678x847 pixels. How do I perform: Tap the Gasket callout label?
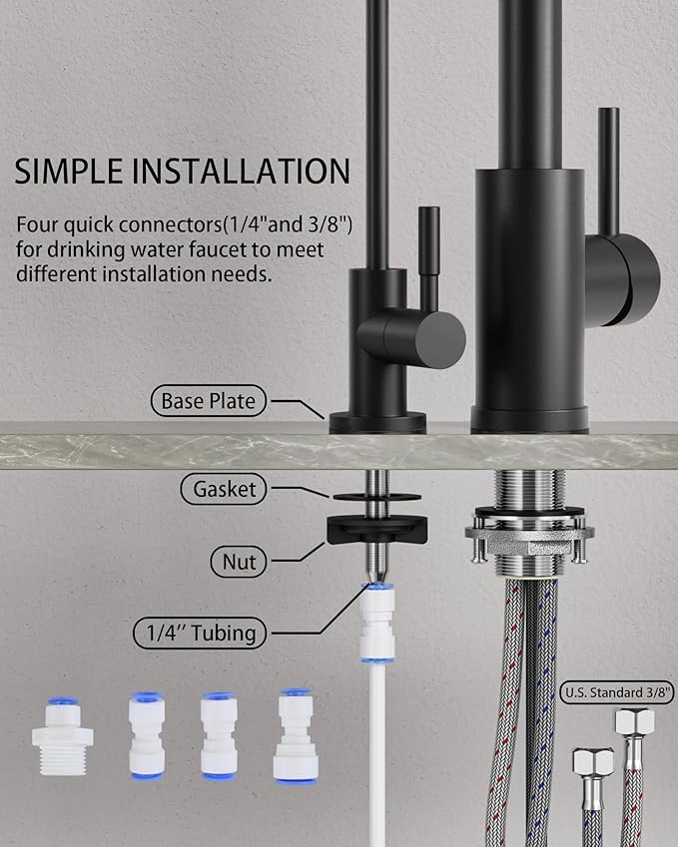pyautogui.click(x=226, y=489)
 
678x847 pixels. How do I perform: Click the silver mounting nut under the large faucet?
pyautogui.click(x=528, y=544)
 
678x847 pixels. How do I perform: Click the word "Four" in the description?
pyautogui.click(x=37, y=225)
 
